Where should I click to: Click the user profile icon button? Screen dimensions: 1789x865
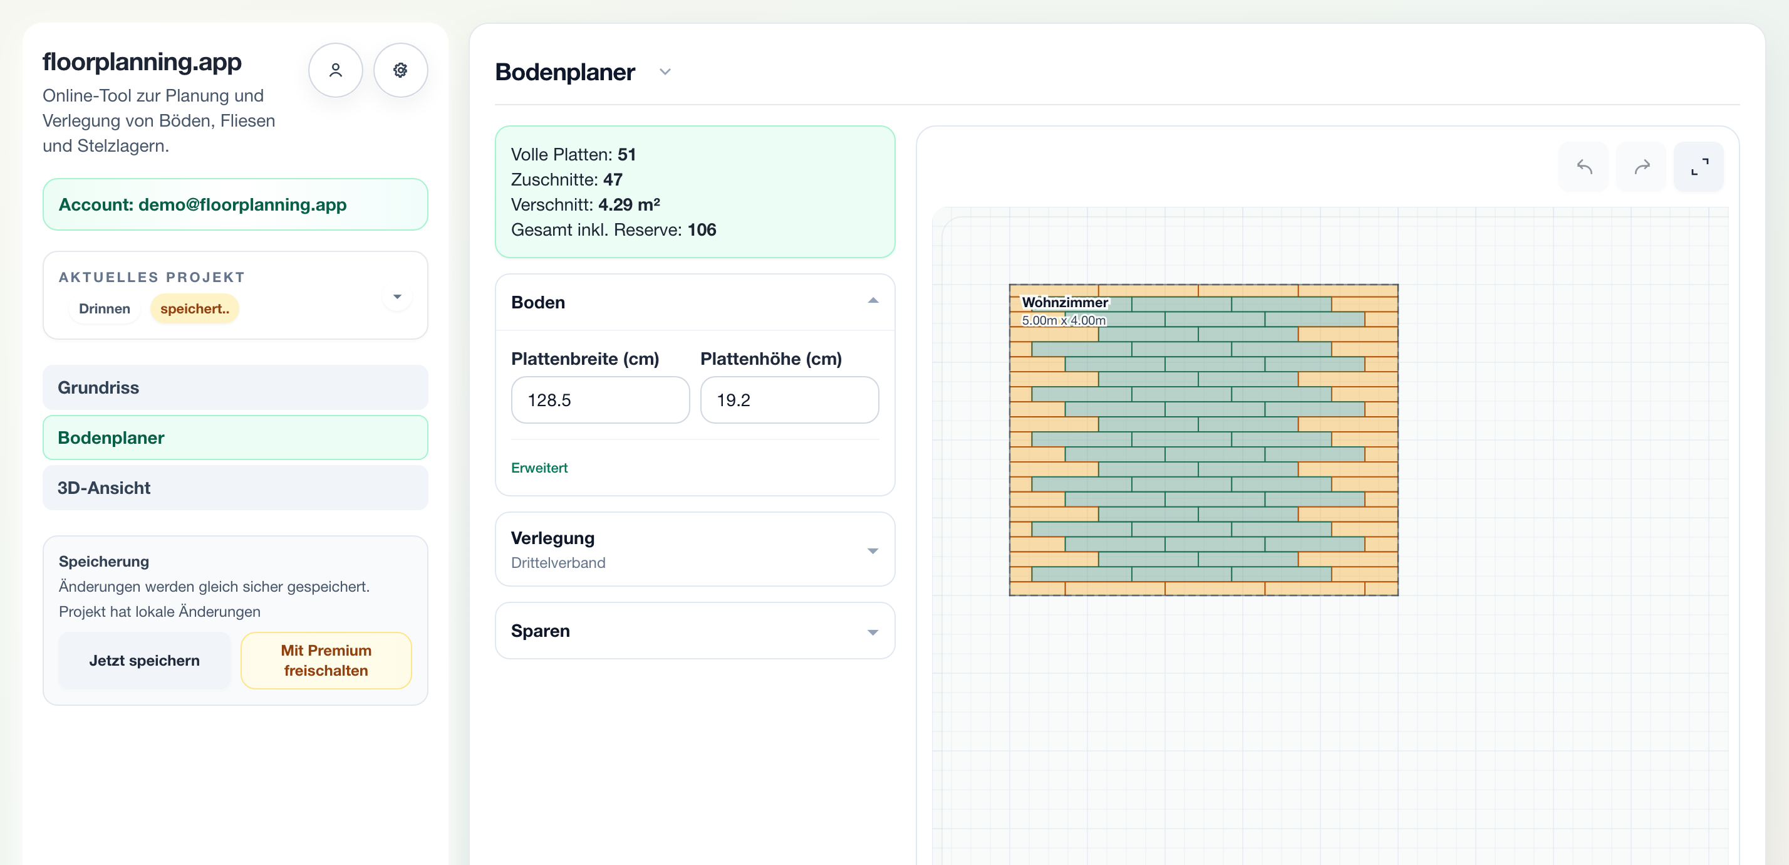tap(336, 70)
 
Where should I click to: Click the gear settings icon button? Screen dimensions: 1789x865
tap(401, 70)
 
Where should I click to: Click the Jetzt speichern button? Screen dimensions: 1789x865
tap(145, 660)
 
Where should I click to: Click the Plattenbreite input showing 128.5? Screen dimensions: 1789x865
tap(600, 400)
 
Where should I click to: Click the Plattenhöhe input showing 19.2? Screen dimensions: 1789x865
tap(789, 400)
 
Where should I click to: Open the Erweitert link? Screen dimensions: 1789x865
tap(539, 468)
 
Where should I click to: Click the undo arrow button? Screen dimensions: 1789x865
tap(1584, 167)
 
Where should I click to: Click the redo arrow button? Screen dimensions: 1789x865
tap(1641, 167)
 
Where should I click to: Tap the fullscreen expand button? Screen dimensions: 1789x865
tap(1699, 167)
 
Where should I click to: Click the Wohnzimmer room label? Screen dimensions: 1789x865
tap(1065, 302)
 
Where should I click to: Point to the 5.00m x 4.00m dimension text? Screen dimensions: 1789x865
tap(1063, 320)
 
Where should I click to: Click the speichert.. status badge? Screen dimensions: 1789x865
tap(194, 308)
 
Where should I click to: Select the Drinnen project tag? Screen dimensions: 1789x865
tap(104, 308)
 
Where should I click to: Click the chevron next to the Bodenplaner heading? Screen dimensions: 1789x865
tap(665, 71)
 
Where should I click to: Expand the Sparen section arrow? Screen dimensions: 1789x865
tap(873, 632)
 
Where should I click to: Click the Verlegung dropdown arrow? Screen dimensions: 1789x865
tap(873, 551)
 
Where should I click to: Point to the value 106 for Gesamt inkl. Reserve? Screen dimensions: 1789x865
tap(702, 230)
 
